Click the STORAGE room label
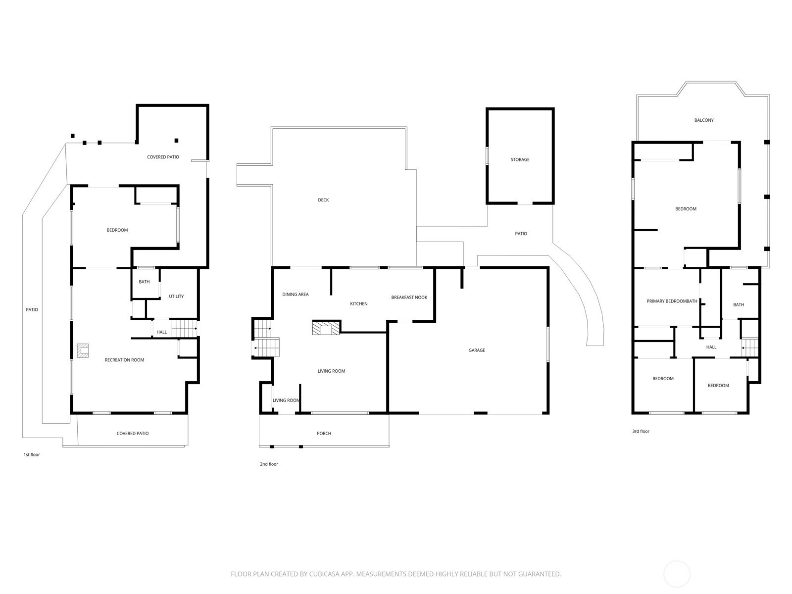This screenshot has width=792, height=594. click(520, 159)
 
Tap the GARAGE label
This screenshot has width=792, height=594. click(477, 350)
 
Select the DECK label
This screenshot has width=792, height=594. click(323, 200)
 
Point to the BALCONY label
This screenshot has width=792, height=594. click(704, 120)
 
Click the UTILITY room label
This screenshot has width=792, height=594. click(176, 297)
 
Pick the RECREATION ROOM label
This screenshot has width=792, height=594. click(124, 360)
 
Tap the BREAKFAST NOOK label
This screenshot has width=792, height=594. click(409, 297)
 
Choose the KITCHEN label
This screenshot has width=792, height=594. click(359, 304)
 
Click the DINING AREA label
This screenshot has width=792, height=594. click(296, 295)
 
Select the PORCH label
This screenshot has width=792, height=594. click(324, 434)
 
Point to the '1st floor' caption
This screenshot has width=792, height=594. click(32, 455)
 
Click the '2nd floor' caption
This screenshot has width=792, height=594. click(269, 464)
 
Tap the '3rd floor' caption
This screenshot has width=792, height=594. click(641, 431)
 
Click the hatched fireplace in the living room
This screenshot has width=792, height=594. click(326, 328)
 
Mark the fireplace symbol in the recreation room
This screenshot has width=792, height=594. click(83, 351)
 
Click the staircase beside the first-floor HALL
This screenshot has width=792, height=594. click(184, 329)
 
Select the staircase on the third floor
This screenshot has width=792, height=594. click(750, 347)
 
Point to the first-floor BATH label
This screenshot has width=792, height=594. click(145, 282)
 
